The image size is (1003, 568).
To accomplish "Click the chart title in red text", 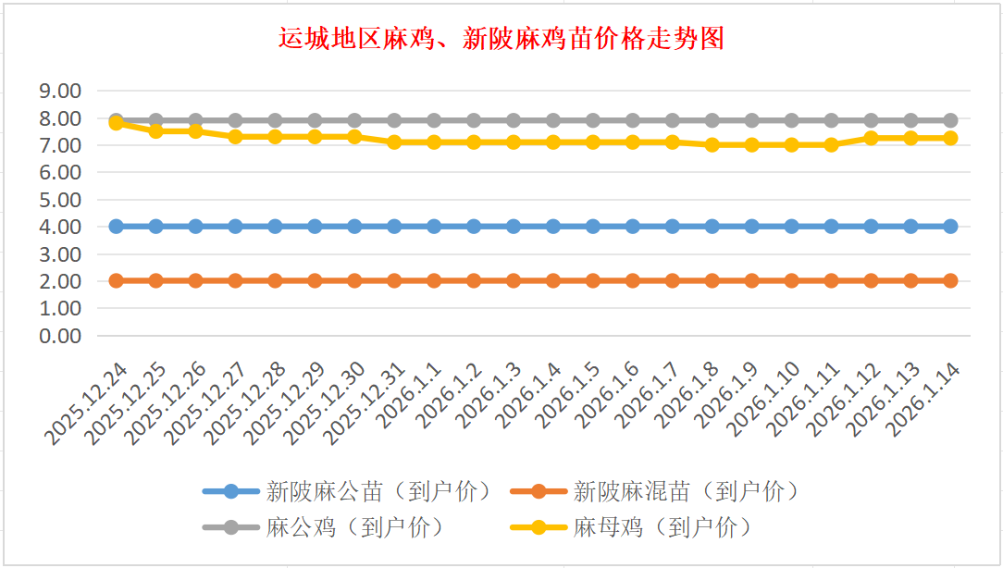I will tap(501, 39).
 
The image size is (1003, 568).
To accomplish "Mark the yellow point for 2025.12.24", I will tap(117, 123).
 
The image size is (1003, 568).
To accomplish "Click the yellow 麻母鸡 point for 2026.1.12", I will tap(871, 138).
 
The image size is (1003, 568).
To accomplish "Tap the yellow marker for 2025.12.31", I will tap(394, 142).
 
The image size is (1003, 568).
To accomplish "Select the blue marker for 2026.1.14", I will tap(950, 227).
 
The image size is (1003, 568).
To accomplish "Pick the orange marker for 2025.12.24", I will tap(117, 281).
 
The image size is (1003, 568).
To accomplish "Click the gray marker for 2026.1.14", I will tap(950, 120).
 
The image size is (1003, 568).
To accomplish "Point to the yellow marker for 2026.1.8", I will tap(712, 145).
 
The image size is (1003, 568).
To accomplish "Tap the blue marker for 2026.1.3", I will tap(514, 227).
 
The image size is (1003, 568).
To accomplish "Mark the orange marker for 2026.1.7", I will tap(673, 281).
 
